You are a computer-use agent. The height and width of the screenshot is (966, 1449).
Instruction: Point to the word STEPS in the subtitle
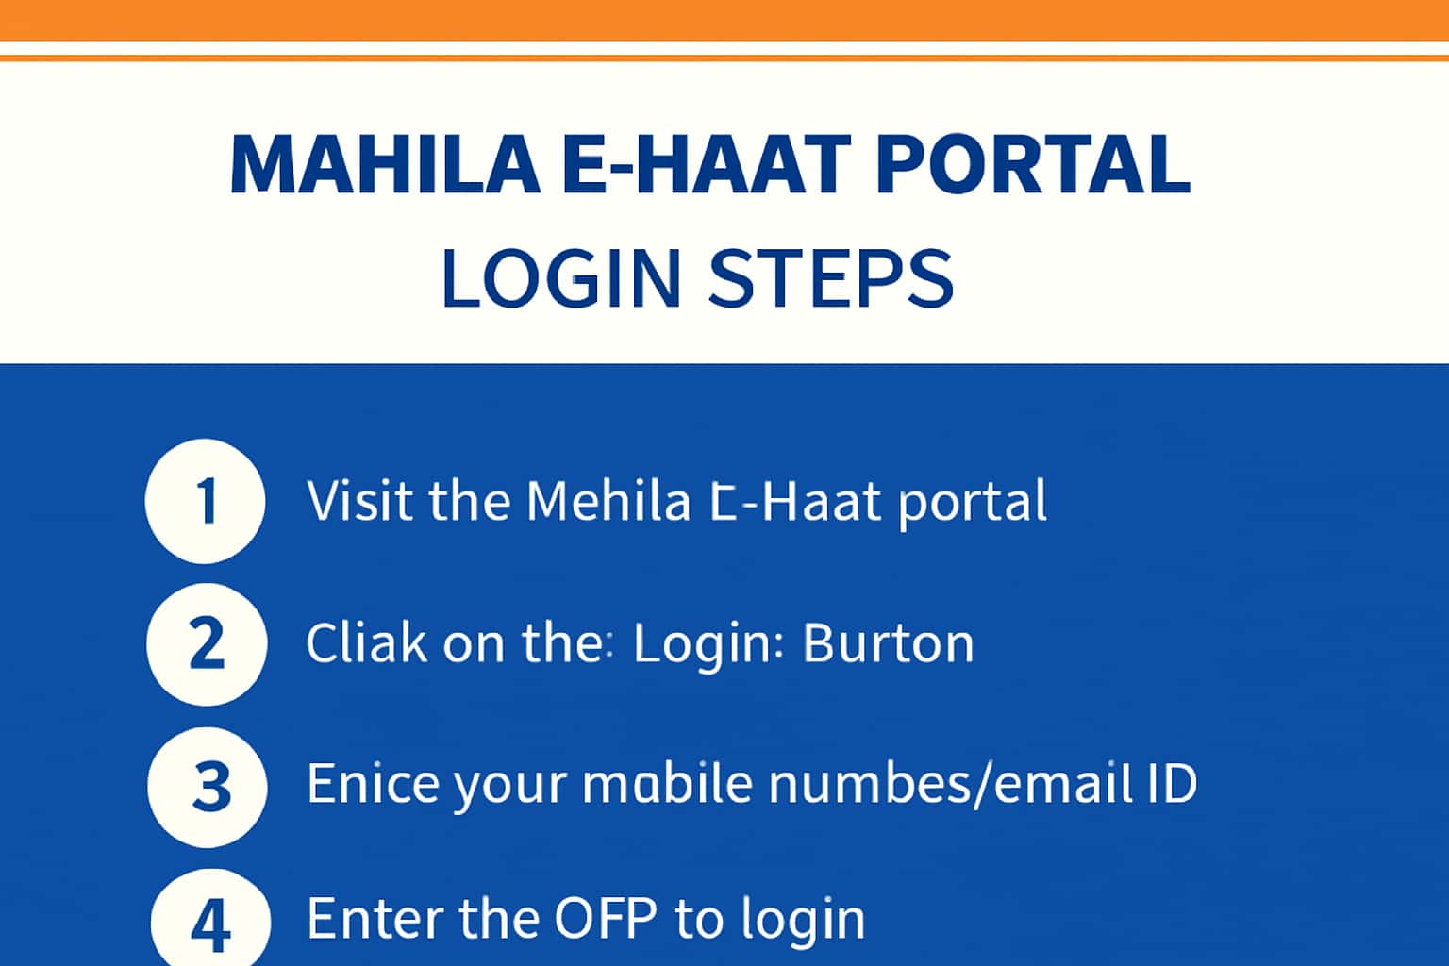[x=830, y=278]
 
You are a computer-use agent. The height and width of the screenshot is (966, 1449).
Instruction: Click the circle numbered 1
[x=206, y=501]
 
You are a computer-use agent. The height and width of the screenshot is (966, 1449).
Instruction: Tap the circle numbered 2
[x=207, y=644]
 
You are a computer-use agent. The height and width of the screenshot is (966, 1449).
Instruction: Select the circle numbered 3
[x=208, y=786]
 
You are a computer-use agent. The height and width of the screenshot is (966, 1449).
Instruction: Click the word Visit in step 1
[x=360, y=501]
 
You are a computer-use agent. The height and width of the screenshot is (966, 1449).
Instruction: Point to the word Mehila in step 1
[x=608, y=501]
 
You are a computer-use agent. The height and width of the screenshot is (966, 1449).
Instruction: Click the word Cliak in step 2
[x=366, y=643]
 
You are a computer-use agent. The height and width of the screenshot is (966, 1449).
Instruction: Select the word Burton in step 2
[x=888, y=643]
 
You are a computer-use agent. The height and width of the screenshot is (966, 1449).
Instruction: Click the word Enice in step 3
[x=373, y=784]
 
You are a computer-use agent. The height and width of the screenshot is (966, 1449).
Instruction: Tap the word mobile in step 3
[x=667, y=784]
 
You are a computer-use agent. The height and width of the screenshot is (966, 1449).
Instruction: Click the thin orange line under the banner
[x=724, y=58]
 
